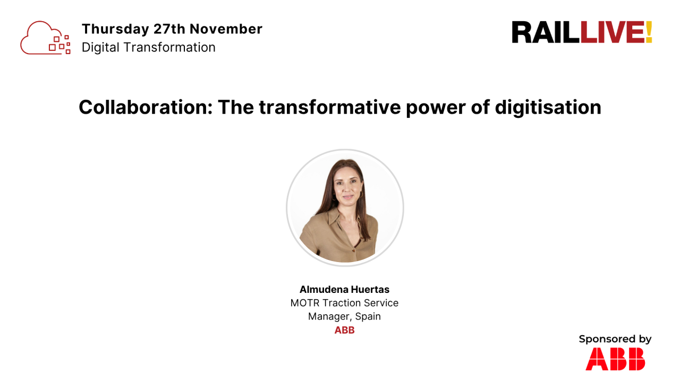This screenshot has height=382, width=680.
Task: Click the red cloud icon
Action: point(45,38)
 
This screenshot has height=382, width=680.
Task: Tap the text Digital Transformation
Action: point(149,47)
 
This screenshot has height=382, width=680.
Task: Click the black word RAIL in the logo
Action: point(545,32)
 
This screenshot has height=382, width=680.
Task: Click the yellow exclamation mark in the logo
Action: point(649,32)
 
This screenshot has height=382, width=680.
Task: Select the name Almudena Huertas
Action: point(344,290)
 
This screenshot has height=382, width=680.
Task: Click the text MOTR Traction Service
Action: point(344,303)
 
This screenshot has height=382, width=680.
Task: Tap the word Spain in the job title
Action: point(368,316)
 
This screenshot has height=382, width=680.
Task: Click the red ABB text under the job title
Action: point(344,330)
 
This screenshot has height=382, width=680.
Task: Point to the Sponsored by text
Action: point(615,339)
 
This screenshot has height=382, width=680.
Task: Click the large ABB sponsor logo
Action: point(615,359)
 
